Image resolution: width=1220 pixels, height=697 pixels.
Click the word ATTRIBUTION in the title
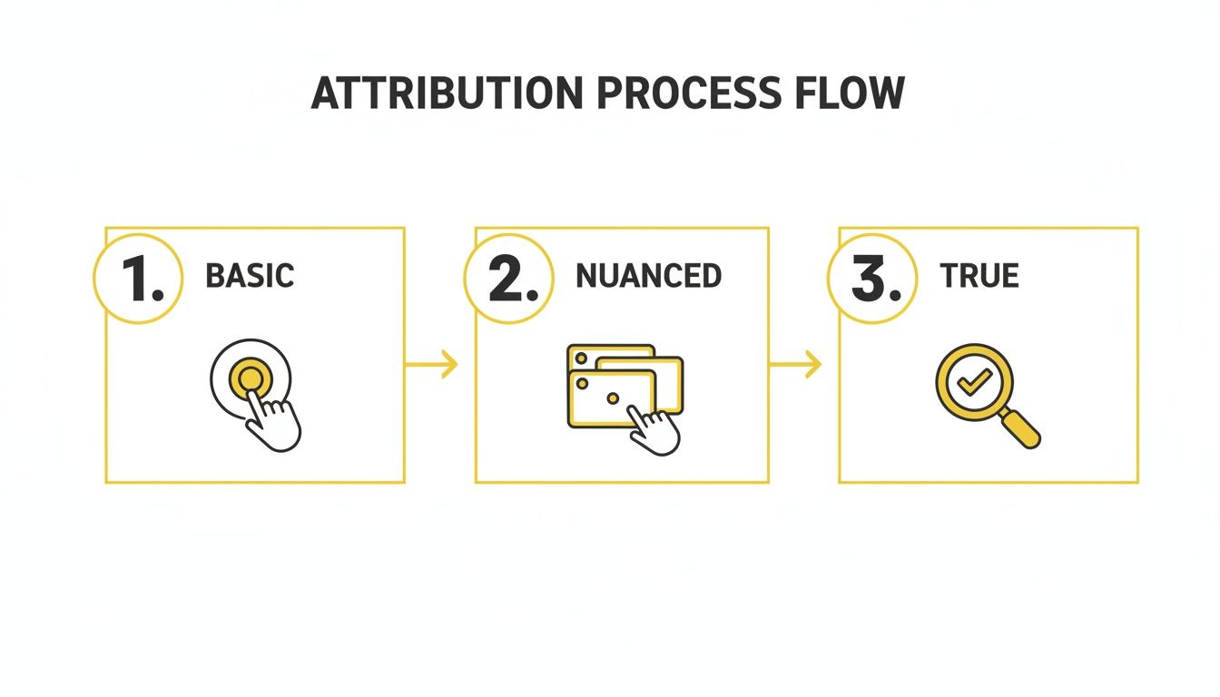[445, 93]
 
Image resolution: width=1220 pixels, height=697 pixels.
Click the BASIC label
[250, 276]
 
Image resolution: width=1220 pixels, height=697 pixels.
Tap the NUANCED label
[648, 276]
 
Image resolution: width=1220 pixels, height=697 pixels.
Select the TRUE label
[979, 276]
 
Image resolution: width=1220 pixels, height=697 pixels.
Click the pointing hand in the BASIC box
[276, 420]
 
